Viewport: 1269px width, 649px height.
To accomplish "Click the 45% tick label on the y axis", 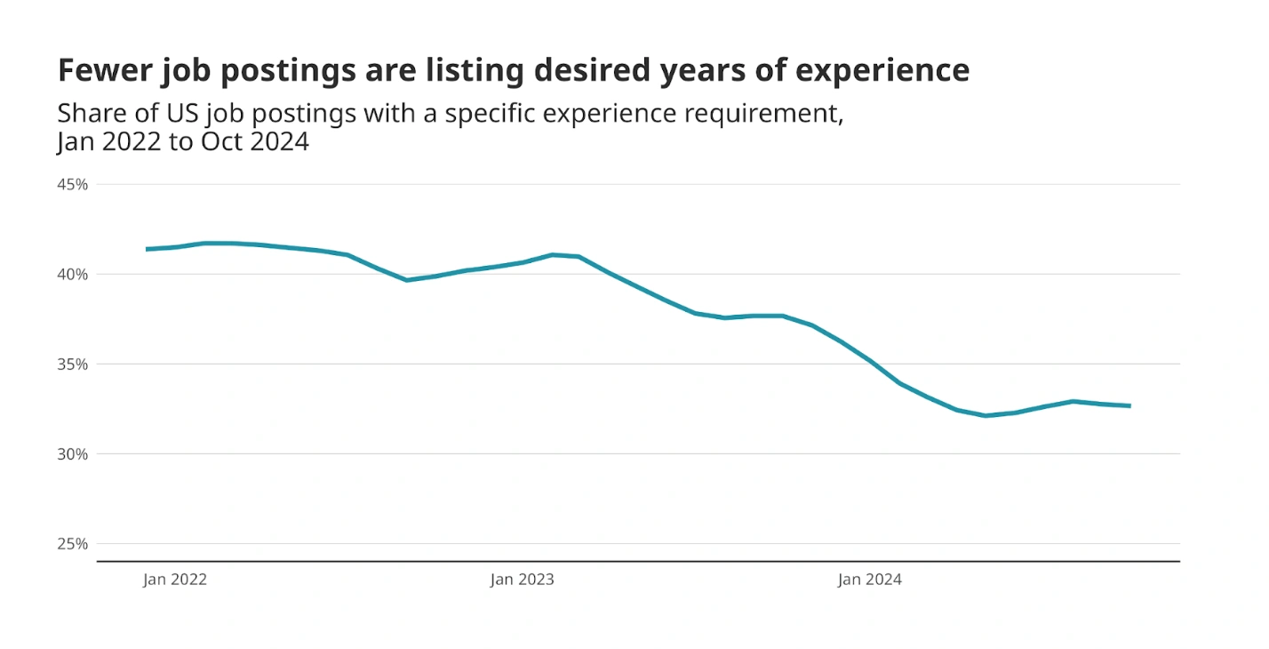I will [x=74, y=184].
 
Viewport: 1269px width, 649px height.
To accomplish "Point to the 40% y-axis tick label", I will [x=74, y=274].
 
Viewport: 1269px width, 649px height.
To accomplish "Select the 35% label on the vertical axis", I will [x=74, y=364].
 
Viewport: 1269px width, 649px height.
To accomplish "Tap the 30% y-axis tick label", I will [x=74, y=453].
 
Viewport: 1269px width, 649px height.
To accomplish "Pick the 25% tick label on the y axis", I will [x=74, y=543].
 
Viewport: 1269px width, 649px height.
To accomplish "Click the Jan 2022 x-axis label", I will [x=175, y=580].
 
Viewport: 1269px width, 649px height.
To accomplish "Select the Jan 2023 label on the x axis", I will [x=522, y=580].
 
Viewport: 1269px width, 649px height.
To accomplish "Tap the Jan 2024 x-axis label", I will [x=869, y=580].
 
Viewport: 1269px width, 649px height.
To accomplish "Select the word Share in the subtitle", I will [x=90, y=114].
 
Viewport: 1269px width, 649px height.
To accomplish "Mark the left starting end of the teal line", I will [x=147, y=249].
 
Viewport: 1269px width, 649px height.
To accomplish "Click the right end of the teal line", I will [x=1129, y=405].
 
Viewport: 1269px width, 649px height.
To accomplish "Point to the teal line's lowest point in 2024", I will [x=986, y=415].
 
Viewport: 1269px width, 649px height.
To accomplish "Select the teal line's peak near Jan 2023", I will [x=553, y=254].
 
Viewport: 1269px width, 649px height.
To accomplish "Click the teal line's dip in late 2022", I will [x=407, y=280].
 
